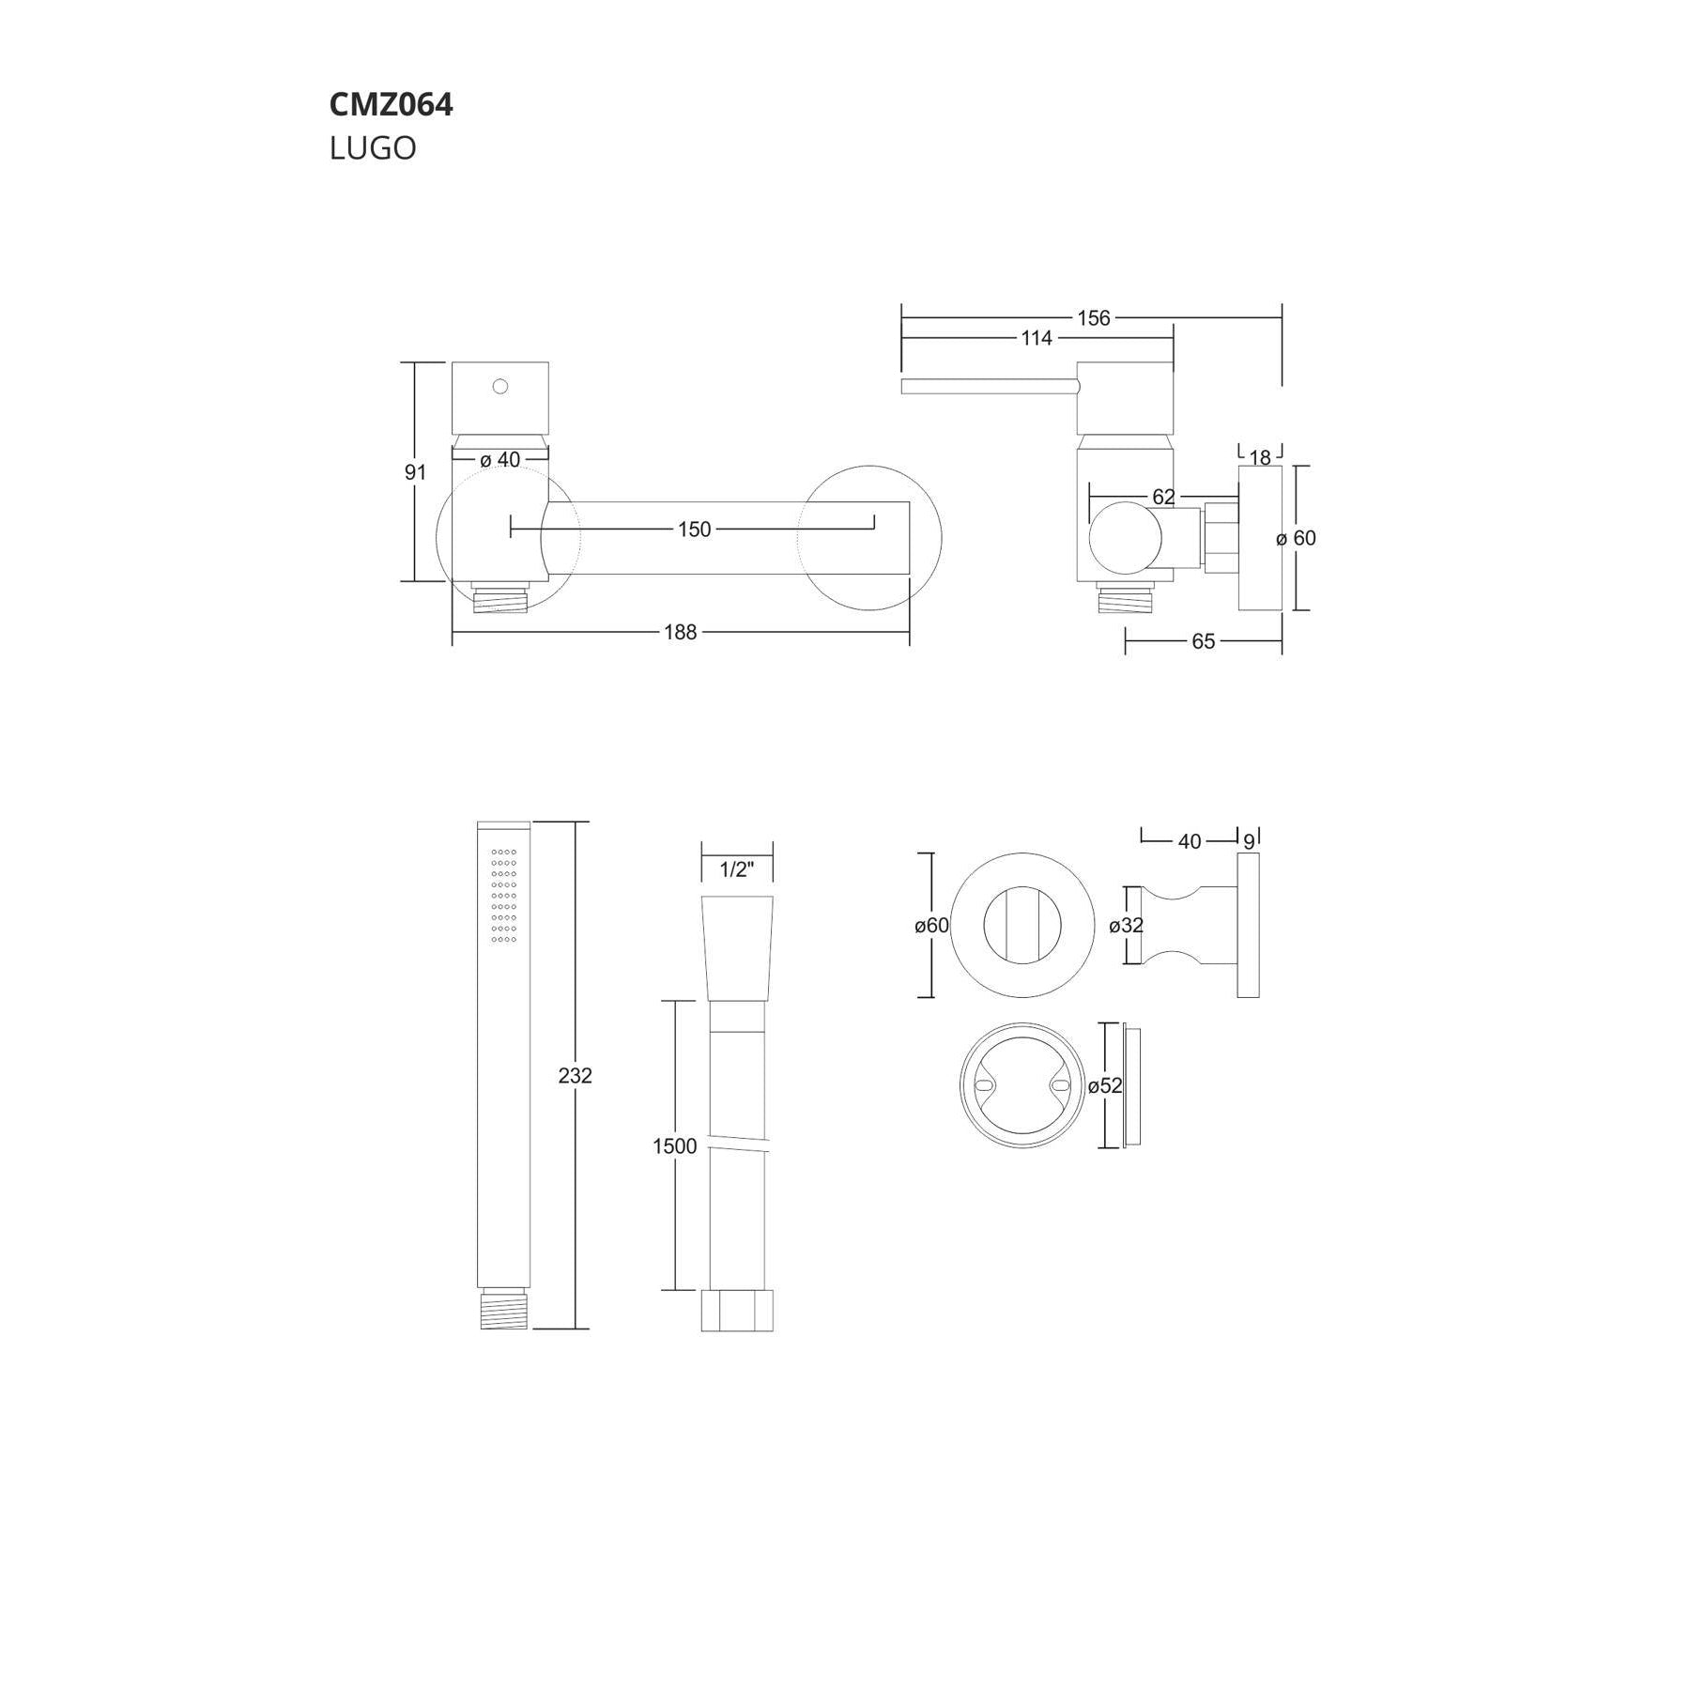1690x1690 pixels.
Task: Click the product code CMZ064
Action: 391,104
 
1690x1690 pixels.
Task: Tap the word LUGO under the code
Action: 373,148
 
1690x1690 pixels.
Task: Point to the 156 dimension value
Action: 1094,318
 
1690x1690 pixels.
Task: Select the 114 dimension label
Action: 1037,338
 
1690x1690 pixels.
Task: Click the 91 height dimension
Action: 415,472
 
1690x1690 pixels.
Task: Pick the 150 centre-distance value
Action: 695,530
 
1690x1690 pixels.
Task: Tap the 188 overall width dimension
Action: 681,633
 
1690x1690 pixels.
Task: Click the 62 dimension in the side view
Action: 1163,497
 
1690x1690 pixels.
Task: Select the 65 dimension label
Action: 1204,641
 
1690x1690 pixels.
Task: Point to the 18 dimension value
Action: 1260,457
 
